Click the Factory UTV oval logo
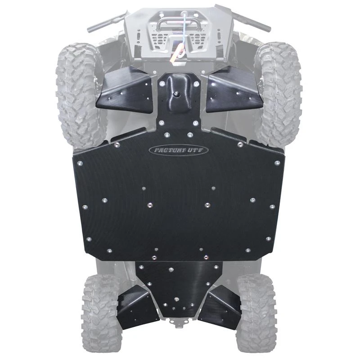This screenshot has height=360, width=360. [179, 150]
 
